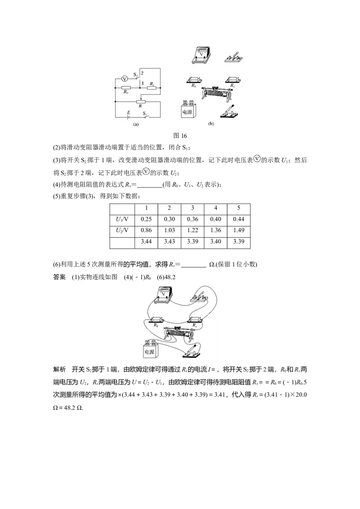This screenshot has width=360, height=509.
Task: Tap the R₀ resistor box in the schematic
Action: [126, 87]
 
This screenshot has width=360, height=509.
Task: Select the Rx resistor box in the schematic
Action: [152, 87]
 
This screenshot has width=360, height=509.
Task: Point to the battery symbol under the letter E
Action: [129, 117]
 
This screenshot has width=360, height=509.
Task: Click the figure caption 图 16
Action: [180, 136]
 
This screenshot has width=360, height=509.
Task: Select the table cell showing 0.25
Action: [146, 219]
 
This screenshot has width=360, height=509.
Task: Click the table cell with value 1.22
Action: [192, 230]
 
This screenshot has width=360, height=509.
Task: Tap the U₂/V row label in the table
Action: [122, 230]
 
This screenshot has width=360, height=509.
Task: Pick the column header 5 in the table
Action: [238, 208]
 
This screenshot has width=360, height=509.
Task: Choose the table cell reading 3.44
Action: [146, 241]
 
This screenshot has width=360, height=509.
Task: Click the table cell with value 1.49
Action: [238, 230]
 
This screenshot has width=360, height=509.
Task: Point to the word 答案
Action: [59, 277]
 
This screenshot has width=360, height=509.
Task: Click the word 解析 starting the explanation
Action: [59, 370]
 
